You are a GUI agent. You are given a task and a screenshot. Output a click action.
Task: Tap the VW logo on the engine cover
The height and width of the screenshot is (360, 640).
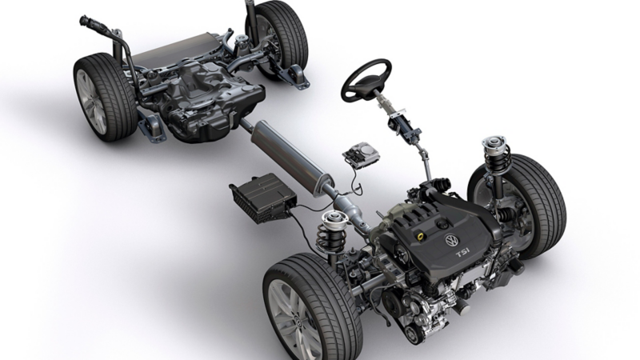451,241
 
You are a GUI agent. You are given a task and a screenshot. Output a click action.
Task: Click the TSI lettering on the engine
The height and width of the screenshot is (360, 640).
462,253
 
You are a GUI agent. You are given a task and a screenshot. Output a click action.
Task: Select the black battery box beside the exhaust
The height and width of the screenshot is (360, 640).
263,198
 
